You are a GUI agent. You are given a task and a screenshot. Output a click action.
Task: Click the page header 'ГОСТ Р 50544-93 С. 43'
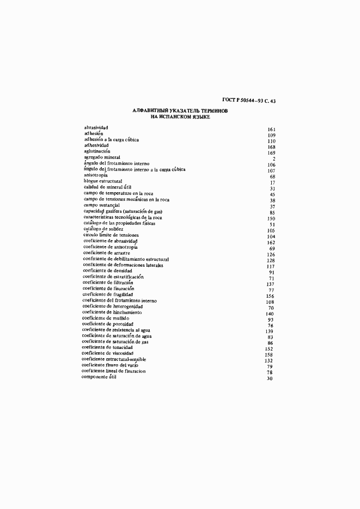[249, 100]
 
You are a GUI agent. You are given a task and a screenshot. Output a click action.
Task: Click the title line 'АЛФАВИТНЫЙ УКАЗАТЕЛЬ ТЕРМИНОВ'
[180, 111]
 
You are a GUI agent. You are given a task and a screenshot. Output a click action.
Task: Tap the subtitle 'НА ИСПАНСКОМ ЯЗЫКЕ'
[180, 116]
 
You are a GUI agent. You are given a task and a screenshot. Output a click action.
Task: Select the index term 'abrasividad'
[96, 128]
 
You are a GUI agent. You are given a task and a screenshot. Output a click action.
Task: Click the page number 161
[272, 129]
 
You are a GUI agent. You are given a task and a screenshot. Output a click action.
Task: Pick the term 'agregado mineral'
[102, 157]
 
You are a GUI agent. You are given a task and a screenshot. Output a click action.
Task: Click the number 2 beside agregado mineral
[274, 158]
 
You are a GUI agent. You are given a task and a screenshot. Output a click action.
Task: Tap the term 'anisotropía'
[96, 175]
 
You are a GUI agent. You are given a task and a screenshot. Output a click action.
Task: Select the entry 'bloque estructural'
[103, 181]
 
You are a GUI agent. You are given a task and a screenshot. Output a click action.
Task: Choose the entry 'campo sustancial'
[103, 205]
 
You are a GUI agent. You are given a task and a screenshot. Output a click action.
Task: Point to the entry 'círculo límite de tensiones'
[111, 235]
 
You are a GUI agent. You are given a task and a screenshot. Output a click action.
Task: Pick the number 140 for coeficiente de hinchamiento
[270, 314]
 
